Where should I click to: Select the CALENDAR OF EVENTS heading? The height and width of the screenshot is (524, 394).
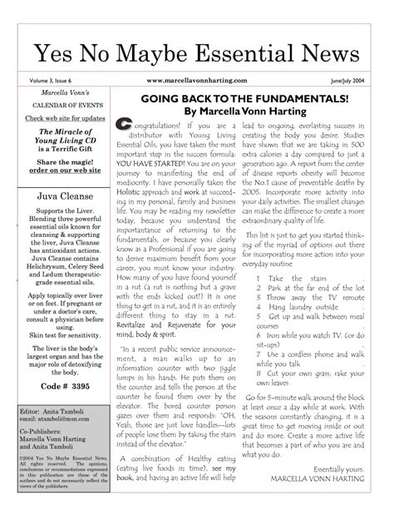point(56,107)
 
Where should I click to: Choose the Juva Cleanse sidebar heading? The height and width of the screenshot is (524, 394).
point(56,198)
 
